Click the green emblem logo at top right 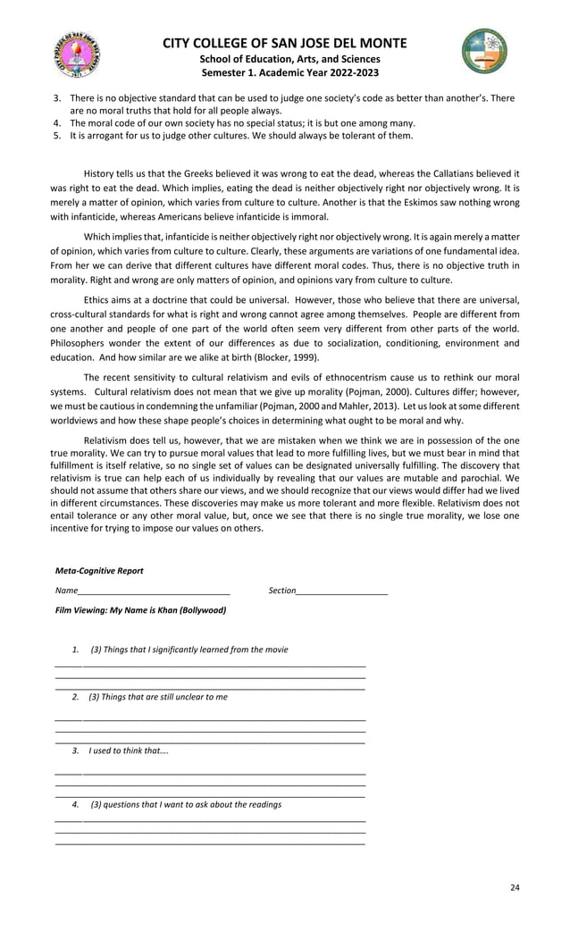click(484, 51)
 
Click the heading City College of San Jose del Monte click(284, 44)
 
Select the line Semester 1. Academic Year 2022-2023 click(284, 72)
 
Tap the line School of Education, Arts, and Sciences click(284, 59)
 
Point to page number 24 click(514, 887)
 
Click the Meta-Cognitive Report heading click(99, 571)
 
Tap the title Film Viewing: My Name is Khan click(140, 611)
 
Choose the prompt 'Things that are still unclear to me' click(157, 697)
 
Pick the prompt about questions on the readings click(186, 805)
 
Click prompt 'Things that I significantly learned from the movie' click(189, 650)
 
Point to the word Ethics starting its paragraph click(98, 301)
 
